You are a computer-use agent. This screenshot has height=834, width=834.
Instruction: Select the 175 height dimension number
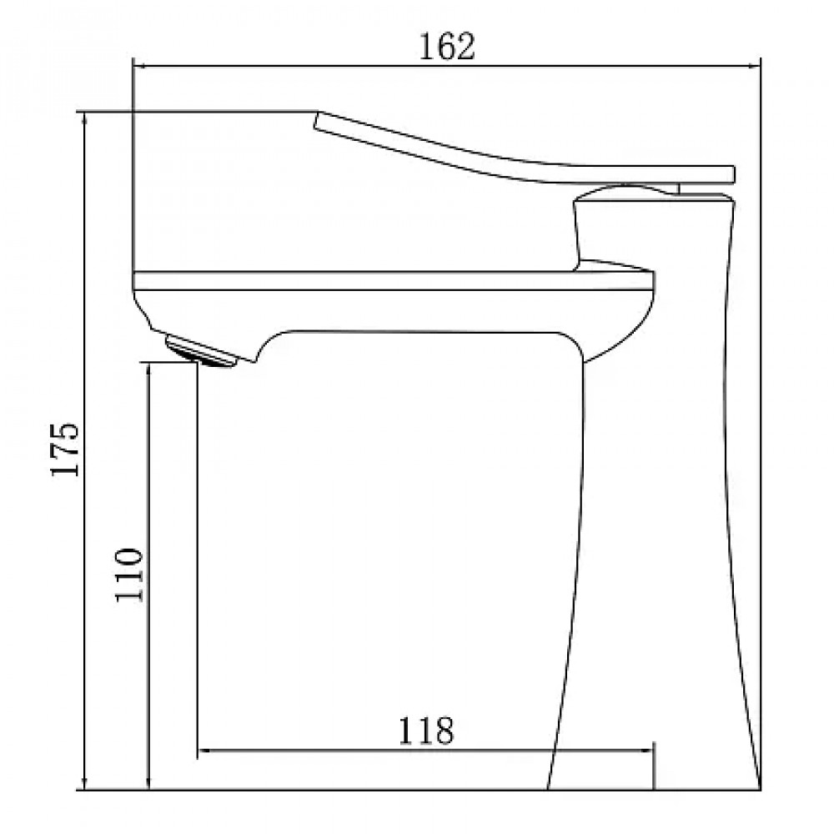(65, 450)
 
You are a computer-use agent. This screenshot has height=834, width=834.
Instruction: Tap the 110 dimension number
(129, 575)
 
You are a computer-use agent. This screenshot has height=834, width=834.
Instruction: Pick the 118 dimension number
(426, 731)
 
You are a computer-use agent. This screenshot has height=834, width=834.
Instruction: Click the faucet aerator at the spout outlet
(200, 352)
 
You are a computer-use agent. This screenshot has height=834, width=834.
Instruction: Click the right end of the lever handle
(733, 174)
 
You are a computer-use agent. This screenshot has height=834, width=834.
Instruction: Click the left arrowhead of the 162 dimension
(138, 67)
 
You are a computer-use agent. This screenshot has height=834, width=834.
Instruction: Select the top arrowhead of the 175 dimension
(84, 118)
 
